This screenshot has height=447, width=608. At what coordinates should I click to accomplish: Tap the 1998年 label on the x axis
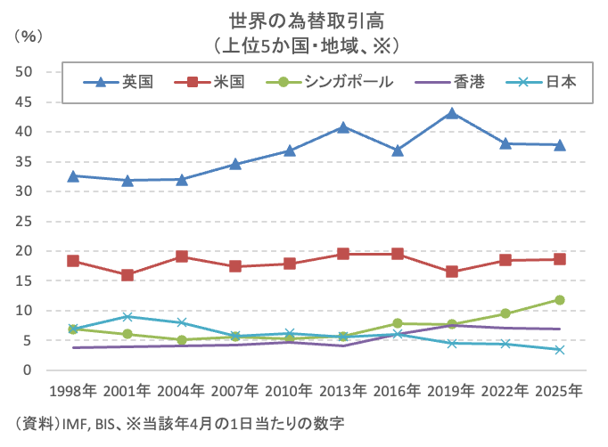pyautogui.click(x=73, y=391)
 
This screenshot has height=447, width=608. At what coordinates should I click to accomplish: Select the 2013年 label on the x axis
pyautogui.click(x=343, y=391)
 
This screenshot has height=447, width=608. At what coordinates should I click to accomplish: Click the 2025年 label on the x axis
pyautogui.click(x=559, y=391)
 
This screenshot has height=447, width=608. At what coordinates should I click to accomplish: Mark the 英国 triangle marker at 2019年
pyautogui.click(x=452, y=113)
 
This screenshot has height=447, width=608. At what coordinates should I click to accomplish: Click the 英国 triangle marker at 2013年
pyautogui.click(x=343, y=127)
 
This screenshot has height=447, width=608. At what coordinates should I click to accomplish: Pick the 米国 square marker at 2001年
pyautogui.click(x=127, y=275)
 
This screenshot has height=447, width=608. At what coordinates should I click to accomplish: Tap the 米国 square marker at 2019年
pyautogui.click(x=452, y=272)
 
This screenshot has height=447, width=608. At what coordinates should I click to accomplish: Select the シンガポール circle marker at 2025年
pyautogui.click(x=560, y=300)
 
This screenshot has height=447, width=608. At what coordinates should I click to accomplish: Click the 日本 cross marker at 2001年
pyautogui.click(x=127, y=316)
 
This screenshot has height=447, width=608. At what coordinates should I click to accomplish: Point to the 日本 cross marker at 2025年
pyautogui.click(x=560, y=350)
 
